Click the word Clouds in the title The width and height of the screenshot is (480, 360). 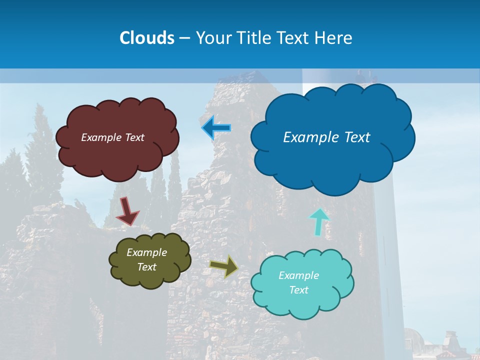click(x=147, y=38)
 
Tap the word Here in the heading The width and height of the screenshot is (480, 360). click(x=334, y=38)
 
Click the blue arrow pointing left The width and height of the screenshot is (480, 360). click(x=216, y=128)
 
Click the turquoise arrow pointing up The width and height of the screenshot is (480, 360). click(x=318, y=221)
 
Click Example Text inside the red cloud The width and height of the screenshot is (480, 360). click(x=112, y=137)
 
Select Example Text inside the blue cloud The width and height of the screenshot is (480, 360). click(x=326, y=137)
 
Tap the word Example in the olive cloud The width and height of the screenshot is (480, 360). click(x=146, y=252)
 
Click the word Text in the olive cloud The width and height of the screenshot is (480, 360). click(x=146, y=267)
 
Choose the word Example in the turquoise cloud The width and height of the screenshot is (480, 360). click(x=298, y=275)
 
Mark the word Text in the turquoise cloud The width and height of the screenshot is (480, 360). click(x=298, y=290)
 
